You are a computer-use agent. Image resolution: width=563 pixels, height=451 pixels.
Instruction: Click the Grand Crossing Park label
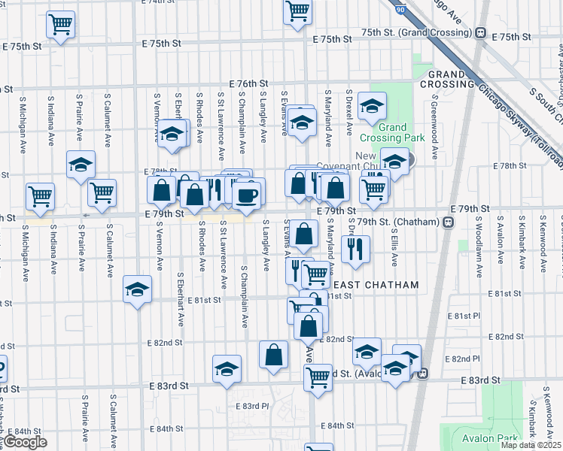click(403, 132)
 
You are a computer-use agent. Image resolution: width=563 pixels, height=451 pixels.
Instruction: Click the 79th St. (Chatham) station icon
click(448, 222)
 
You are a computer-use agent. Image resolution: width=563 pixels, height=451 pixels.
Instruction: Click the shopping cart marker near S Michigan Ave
click(40, 196)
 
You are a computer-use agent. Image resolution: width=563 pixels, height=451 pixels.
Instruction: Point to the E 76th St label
click(249, 83)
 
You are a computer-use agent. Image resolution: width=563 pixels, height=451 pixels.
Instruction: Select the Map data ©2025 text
click(531, 446)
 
